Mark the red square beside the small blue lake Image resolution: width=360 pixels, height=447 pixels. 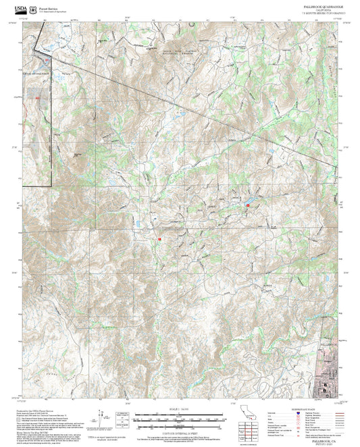(247, 204)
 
